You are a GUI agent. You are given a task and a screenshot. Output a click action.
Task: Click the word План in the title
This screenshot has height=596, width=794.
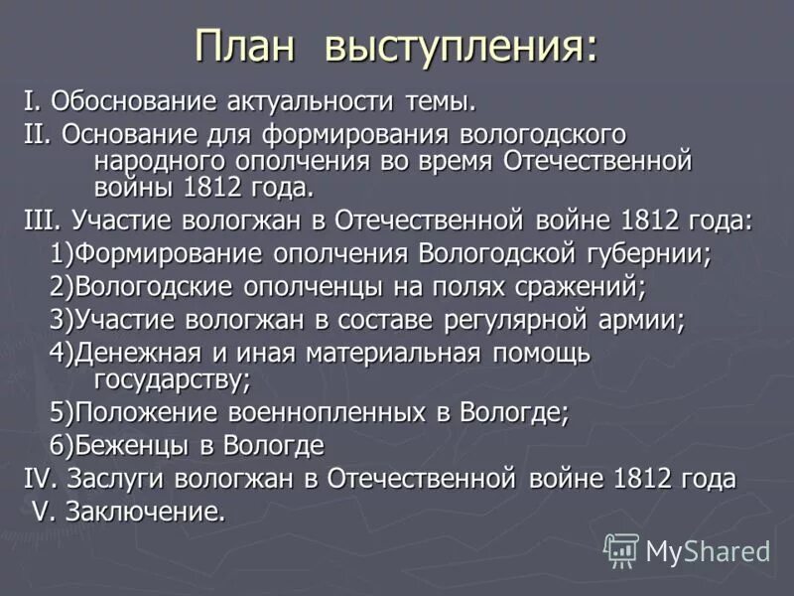(248, 47)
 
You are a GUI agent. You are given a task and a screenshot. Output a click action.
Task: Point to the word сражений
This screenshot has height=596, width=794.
(582, 288)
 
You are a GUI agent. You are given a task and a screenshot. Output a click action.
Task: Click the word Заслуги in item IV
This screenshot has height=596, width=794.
(116, 480)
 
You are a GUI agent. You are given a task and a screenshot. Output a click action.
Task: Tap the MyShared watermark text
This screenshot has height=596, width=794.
(708, 550)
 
